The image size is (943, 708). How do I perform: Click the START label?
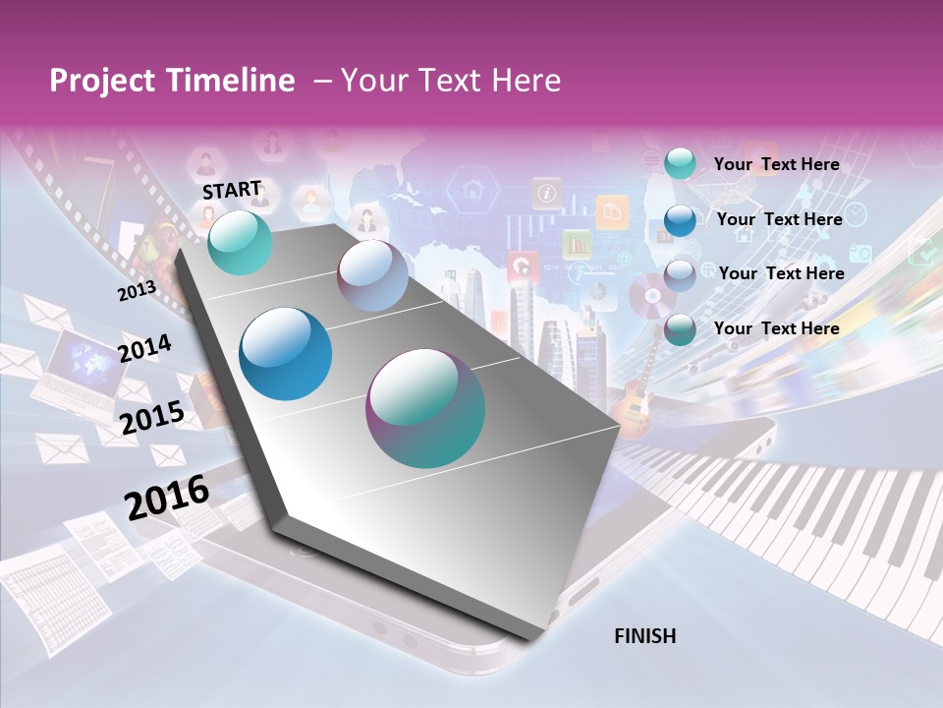pyautogui.click(x=232, y=189)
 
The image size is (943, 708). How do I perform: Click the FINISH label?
pyautogui.click(x=644, y=636)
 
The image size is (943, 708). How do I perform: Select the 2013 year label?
pyautogui.click(x=137, y=290)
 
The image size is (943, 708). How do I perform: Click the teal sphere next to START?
pyautogui.click(x=241, y=242)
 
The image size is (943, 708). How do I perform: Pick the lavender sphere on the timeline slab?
pyautogui.click(x=372, y=275)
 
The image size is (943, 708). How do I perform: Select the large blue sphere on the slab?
pyautogui.click(x=286, y=354)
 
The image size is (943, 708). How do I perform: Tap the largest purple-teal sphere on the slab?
pyautogui.click(x=425, y=408)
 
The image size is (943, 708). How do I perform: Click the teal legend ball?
pyautogui.click(x=680, y=164)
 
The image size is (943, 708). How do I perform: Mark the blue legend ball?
pyautogui.click(x=680, y=219)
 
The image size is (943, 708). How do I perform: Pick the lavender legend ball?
pyautogui.click(x=680, y=274)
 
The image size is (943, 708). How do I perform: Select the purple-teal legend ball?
pyautogui.click(x=680, y=329)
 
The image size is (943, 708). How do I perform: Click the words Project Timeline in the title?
pyautogui.click(x=172, y=81)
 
